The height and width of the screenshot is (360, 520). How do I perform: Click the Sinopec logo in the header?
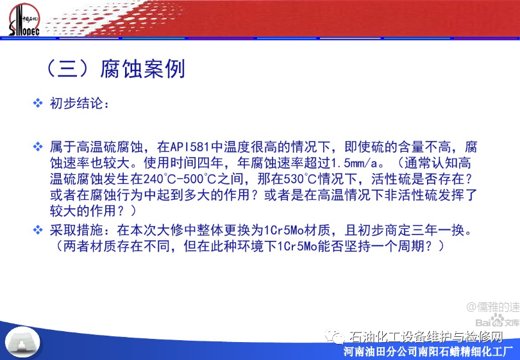pos(24,20)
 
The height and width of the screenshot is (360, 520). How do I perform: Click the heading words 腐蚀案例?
pos(142,69)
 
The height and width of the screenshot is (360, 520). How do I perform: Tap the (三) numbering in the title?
pos(68,69)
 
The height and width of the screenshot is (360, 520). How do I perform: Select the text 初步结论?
pos(76,103)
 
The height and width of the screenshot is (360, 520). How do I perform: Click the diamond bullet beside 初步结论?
pos(38,103)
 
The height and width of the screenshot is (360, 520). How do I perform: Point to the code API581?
pos(190,147)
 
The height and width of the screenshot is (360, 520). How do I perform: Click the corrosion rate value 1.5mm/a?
pos(355,163)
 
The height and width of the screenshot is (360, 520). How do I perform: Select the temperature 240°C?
pos(156,179)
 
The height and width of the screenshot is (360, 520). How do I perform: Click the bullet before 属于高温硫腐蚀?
pos(38,147)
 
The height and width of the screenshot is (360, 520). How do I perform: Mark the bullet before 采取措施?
pos(38,229)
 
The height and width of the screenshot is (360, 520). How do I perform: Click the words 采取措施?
pos(76,230)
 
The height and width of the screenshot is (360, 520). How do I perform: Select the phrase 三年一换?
pos(438,230)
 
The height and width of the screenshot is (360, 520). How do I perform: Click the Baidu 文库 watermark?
pos(497,321)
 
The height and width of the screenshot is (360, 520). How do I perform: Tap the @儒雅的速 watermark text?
pos(493,307)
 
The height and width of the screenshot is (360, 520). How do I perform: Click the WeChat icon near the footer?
pos(335,336)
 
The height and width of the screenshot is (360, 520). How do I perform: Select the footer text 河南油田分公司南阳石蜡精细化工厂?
pos(428,351)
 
